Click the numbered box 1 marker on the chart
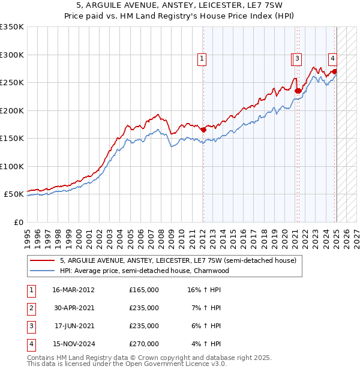(202, 59)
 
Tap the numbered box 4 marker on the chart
(332, 58)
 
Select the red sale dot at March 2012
(203, 129)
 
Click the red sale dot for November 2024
(334, 71)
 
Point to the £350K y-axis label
(12, 27)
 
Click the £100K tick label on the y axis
(12, 166)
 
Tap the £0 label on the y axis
(18, 222)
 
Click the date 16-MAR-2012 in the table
(73, 290)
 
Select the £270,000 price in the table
(144, 344)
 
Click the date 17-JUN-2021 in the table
(73, 326)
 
